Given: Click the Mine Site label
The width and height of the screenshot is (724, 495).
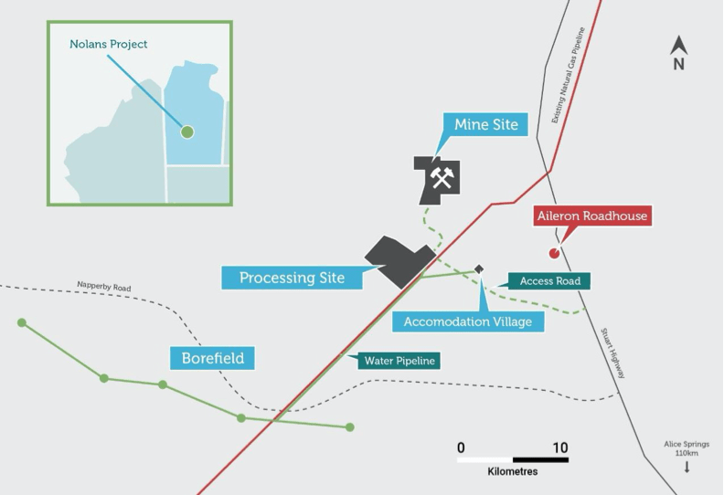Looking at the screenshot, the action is (485, 124).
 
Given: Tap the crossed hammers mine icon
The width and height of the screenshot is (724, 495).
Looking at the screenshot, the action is (442, 177).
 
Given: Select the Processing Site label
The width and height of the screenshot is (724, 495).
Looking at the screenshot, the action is (292, 278).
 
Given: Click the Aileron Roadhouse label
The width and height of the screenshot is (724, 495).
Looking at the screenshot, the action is (592, 216).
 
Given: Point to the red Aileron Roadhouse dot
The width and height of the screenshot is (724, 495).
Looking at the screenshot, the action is (554, 253).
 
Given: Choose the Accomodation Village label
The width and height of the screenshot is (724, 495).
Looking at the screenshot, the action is (468, 321).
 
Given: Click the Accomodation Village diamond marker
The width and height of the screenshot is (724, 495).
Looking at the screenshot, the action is (479, 269).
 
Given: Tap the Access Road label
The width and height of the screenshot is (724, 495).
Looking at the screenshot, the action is (549, 281).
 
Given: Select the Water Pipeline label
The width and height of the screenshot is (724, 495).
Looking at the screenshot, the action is (399, 361).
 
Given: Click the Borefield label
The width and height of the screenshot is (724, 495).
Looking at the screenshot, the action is (212, 358).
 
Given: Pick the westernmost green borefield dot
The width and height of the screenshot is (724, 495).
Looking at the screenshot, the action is (22, 322).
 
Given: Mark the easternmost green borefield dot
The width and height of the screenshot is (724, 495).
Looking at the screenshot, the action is (350, 427).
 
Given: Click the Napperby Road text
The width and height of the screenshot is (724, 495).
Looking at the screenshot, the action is (104, 287).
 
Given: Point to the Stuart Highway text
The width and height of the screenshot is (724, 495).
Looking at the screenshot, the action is (613, 353).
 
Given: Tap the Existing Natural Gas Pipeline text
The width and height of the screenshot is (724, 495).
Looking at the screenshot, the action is (569, 75).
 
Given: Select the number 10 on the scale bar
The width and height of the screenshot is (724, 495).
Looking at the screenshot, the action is (560, 448).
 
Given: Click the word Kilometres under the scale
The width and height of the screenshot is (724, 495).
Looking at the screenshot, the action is (513, 471).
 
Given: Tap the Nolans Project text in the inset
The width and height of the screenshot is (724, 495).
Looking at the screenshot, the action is (109, 44).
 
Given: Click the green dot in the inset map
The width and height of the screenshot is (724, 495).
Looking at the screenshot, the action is (187, 132).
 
